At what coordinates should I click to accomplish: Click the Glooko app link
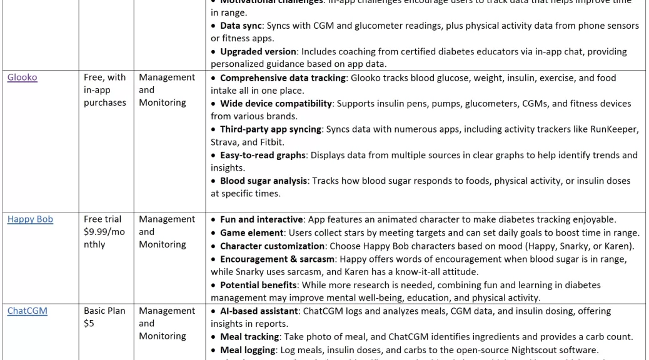coord(22,77)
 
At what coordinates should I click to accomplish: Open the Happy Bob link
coord(30,219)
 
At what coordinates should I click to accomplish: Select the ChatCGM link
coord(27,311)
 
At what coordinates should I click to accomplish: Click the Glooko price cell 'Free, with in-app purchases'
coord(104,90)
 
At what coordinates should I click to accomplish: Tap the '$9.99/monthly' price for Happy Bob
coord(104,238)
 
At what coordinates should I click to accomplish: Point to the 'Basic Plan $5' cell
coord(104,317)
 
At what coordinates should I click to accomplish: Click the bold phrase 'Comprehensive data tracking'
coord(283,78)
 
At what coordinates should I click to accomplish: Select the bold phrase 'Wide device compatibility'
coord(276,104)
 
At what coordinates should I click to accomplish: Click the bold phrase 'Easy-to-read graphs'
coord(263,155)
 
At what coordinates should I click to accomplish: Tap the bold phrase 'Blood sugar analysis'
coord(263,181)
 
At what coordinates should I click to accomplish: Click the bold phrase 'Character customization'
coord(271,246)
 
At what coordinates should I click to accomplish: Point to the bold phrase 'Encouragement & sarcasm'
coord(277,259)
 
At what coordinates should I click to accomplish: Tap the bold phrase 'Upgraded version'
coord(258,51)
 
